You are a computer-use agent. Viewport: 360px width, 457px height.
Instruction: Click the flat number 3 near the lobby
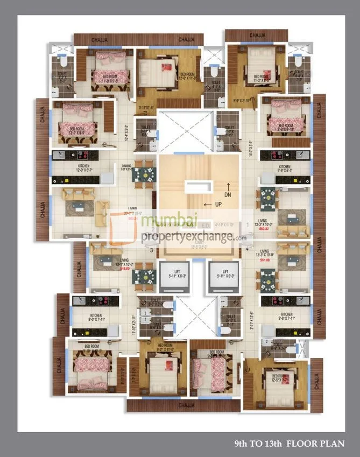click(151, 250)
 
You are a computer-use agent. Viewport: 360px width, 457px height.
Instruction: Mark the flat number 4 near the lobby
click(248, 250)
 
